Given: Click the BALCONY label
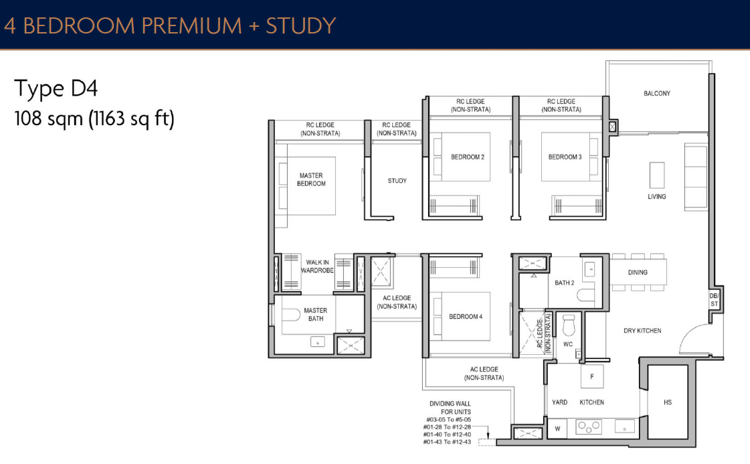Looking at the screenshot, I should [x=656, y=93].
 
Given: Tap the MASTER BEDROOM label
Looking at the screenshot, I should [x=311, y=179].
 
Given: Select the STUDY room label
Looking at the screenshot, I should [x=397, y=181].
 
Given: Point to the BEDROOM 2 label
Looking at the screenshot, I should [x=468, y=157].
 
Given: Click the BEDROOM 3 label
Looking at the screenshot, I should [x=565, y=157].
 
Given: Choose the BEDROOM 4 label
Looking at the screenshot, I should [x=466, y=317].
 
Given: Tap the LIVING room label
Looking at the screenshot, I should [x=656, y=196].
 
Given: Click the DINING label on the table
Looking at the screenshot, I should [x=638, y=273].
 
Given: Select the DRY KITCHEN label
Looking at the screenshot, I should [x=642, y=331].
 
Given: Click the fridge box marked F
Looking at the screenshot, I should [x=591, y=376].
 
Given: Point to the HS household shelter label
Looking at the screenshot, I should [x=667, y=402].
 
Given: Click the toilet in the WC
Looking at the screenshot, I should [x=569, y=325].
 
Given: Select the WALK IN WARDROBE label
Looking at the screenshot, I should [x=316, y=266].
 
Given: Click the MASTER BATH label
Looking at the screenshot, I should [x=315, y=314].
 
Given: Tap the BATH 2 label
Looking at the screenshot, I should [x=564, y=283].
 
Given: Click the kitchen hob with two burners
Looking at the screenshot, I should [x=589, y=426].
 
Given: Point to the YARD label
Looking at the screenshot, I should [x=559, y=402].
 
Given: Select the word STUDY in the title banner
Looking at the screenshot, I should [x=300, y=25].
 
